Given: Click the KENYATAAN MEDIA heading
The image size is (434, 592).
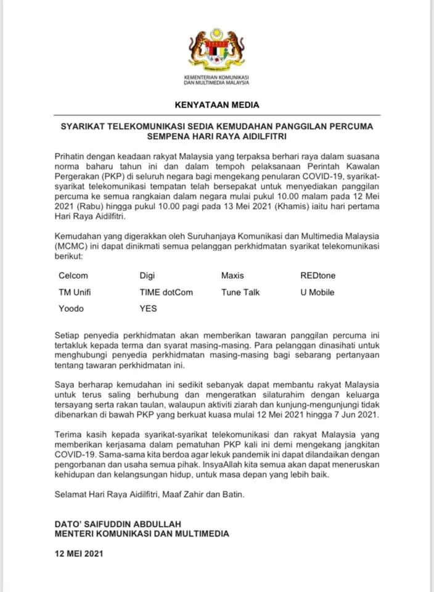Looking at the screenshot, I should click(216, 105).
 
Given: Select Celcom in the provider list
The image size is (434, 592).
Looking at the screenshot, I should click(73, 276).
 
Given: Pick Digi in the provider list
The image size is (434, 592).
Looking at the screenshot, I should click(148, 276).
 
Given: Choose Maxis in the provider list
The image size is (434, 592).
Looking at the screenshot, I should click(233, 276).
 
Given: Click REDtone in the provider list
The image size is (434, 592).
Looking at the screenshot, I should click(318, 276).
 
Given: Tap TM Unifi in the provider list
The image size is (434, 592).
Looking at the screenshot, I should click(75, 292).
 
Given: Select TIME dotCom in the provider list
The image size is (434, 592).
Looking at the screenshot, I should click(166, 292).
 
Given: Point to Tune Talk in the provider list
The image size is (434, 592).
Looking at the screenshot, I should click(241, 292).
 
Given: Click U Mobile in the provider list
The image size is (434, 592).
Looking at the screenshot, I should click(317, 292).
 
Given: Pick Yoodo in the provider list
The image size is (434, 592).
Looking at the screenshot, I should click(72, 308).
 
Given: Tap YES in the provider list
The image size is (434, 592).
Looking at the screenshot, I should click(149, 308).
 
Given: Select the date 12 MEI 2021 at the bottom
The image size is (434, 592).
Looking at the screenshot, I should click(79, 553).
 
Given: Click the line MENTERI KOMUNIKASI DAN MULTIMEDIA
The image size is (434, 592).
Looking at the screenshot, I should click(142, 533).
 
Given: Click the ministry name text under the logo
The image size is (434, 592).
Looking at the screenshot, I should click(216, 79).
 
